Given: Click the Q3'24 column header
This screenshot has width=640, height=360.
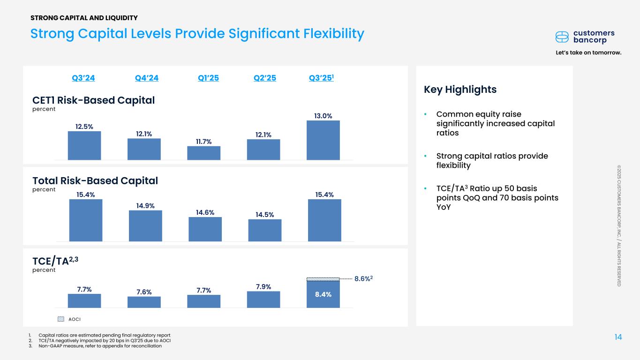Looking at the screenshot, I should click(x=83, y=78).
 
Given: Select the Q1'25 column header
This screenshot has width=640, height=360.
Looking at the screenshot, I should click(x=208, y=78).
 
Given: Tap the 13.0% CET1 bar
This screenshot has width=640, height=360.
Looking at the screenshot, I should click(x=323, y=140).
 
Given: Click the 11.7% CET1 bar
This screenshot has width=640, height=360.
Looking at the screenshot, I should click(x=203, y=153).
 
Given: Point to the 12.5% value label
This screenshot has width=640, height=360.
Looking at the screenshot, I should click(x=84, y=126).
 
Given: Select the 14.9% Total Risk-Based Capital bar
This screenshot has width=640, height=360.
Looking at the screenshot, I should click(x=145, y=225).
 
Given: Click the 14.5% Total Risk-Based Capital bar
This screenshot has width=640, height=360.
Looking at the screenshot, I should click(x=264, y=230).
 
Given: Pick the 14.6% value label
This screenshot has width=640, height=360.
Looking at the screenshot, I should click(x=204, y=212).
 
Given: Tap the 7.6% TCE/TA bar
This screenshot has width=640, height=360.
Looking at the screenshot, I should click(x=144, y=302).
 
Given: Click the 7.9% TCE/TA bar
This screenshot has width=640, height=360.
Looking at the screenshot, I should click(x=264, y=299).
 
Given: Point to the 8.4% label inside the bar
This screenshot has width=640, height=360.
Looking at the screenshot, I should click(x=323, y=294).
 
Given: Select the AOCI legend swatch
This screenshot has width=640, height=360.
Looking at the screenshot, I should click(x=60, y=319).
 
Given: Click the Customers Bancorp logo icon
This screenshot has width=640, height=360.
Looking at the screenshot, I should click(x=562, y=37).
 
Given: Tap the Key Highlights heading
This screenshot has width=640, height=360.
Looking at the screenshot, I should click(x=460, y=90).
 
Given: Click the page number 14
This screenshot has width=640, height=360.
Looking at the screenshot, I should click(x=618, y=337).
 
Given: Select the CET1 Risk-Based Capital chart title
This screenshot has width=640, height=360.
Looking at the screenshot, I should click(x=93, y=100).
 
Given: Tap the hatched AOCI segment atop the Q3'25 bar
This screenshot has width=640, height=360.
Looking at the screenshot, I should click(x=323, y=279).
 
